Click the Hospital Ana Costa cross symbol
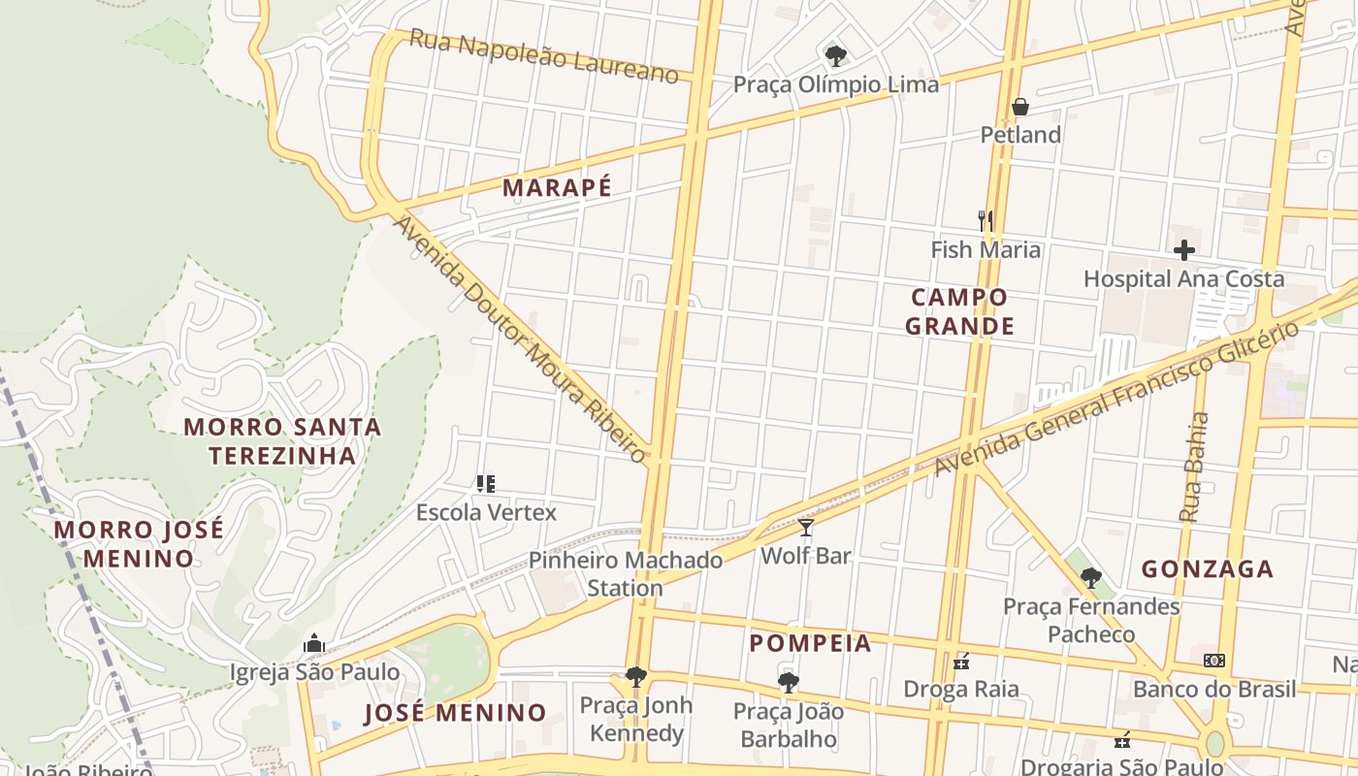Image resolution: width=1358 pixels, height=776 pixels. [x=1183, y=250]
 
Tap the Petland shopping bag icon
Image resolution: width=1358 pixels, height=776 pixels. [x=1019, y=107]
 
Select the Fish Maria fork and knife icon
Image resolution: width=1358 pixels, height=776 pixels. [x=986, y=221]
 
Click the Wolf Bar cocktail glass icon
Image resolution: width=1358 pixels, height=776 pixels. [x=805, y=528]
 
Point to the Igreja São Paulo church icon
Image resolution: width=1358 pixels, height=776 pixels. [x=313, y=643]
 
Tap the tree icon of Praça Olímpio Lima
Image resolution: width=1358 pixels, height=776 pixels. [x=834, y=55]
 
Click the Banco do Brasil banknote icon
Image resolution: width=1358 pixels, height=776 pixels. [x=1213, y=661]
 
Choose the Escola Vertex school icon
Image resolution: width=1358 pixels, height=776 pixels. [x=486, y=483]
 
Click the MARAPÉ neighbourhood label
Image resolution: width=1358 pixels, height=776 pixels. [x=557, y=188]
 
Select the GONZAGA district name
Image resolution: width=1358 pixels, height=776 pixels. [x=1207, y=569]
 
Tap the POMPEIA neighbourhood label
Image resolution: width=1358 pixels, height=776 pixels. [x=810, y=643]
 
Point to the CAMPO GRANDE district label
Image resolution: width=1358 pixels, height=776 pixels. [x=959, y=311]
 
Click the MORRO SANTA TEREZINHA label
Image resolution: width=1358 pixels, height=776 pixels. [x=282, y=440]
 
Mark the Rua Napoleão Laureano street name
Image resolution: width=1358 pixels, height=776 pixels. [x=543, y=56]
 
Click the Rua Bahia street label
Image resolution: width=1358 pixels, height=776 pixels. [x=1195, y=467]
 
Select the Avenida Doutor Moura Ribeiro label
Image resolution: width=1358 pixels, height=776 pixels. [x=520, y=339]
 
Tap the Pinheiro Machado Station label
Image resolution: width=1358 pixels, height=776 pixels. [x=626, y=573]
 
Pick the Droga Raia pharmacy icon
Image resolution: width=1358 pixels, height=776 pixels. [x=961, y=662]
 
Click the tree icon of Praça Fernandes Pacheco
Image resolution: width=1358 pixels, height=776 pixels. [x=1091, y=578]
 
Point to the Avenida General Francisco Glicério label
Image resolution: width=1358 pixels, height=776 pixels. [x=1116, y=399]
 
